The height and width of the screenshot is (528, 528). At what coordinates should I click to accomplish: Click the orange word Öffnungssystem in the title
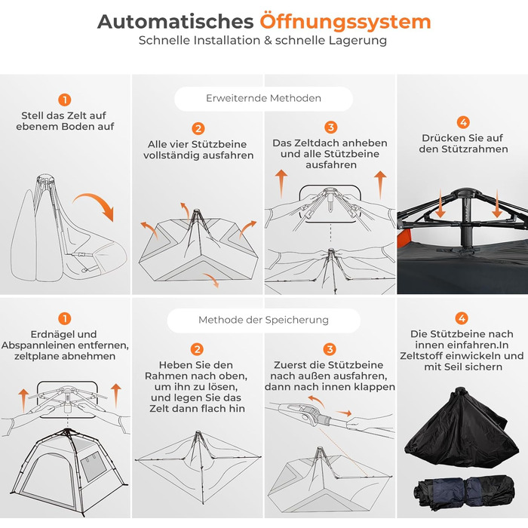(x=345, y=22)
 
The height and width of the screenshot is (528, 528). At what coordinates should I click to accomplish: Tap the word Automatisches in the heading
(x=176, y=22)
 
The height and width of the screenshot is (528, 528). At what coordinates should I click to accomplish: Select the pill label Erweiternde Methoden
(x=264, y=98)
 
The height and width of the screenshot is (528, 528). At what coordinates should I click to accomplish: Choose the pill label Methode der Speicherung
(x=264, y=320)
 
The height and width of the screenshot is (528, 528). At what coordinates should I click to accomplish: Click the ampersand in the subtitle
(x=268, y=41)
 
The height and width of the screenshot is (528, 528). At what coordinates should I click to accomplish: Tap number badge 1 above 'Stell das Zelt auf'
(x=65, y=100)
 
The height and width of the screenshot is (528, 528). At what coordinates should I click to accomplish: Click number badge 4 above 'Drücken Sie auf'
(x=463, y=122)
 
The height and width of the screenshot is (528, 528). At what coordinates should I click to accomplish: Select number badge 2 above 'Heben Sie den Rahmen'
(x=197, y=349)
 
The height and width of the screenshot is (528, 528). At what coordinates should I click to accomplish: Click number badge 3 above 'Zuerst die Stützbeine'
(x=330, y=349)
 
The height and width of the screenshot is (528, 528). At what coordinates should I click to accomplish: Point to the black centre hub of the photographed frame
(x=465, y=195)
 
